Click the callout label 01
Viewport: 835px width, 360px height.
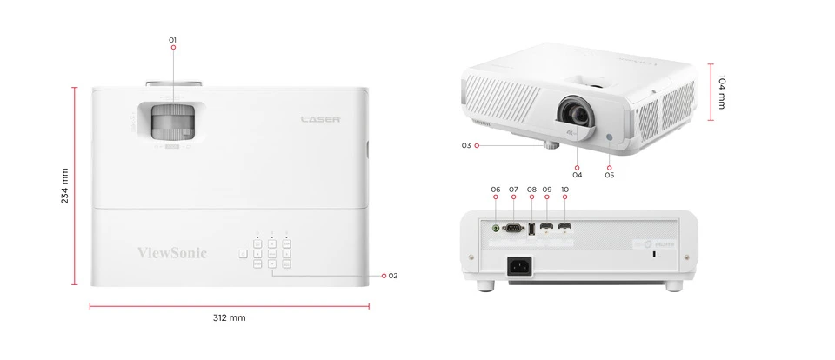[x=173, y=40]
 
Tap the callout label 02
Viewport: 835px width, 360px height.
[x=393, y=276]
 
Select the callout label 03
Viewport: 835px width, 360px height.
[x=466, y=145]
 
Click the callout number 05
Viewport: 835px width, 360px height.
[x=609, y=175]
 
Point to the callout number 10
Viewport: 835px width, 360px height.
[x=565, y=189]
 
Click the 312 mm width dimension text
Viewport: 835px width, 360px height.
[x=230, y=318]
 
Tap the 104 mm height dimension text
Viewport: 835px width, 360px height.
[x=722, y=92]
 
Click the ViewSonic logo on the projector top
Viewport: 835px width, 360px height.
[x=172, y=253]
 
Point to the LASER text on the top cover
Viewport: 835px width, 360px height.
[x=320, y=119]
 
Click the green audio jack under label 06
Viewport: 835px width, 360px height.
[x=496, y=229]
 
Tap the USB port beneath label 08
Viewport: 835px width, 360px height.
[x=531, y=230]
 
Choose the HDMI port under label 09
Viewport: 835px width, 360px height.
[x=546, y=230]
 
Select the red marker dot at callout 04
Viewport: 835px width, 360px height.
[x=578, y=164]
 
